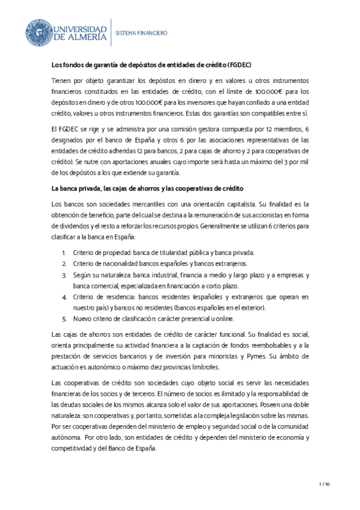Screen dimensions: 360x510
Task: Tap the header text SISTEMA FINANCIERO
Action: tap(141, 34)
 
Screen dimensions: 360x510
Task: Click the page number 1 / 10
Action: tap(325, 484)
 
